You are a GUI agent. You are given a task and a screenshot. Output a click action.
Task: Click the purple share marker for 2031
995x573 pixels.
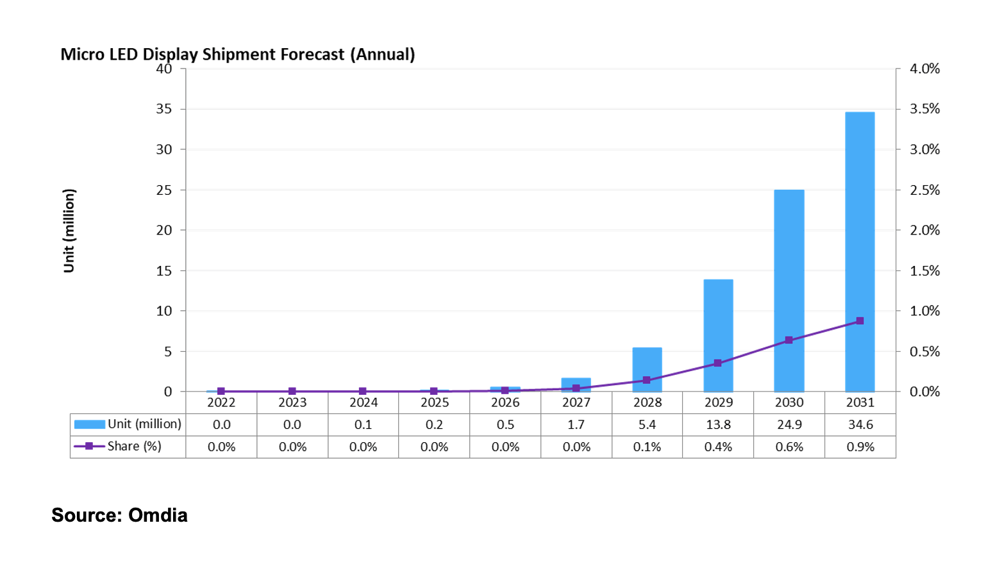pos(860,320)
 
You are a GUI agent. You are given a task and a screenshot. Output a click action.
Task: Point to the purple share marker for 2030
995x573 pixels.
pos(789,340)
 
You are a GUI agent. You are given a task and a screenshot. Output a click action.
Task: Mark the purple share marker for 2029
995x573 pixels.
pos(718,363)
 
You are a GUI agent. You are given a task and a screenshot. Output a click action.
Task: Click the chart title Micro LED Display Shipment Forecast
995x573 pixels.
pos(237,54)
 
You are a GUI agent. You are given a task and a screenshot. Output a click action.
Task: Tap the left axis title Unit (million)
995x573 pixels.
pos(69,231)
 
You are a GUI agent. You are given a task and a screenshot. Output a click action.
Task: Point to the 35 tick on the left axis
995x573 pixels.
pos(164,109)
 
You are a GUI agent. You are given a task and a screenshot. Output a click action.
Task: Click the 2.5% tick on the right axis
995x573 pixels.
pos(924,190)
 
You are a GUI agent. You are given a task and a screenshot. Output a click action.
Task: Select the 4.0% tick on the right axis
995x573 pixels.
pos(924,69)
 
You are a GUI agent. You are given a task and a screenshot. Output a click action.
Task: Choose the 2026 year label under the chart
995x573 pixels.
pos(505,403)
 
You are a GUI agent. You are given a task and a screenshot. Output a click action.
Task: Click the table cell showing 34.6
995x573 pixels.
pos(860,424)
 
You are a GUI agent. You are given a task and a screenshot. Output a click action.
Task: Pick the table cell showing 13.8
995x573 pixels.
pos(718,424)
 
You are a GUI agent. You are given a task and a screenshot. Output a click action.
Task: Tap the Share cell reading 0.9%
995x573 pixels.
pos(860,447)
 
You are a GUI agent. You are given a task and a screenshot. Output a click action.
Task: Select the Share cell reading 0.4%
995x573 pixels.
pos(718,447)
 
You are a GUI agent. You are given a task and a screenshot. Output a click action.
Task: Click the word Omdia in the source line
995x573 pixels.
pos(158,515)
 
